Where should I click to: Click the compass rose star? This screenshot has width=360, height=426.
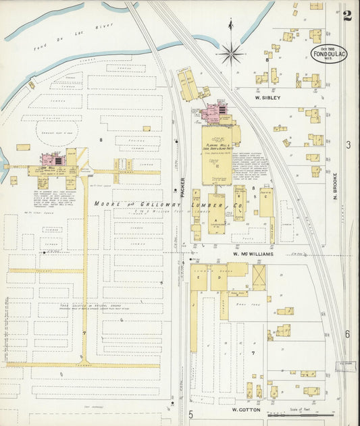[232, 51]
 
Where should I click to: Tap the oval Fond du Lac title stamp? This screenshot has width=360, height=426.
[329, 53]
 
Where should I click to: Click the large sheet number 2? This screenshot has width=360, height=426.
[346, 15]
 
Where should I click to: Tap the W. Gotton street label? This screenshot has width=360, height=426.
[246, 409]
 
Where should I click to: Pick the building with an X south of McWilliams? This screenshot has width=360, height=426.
[259, 277]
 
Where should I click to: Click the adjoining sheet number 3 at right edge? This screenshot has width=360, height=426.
[348, 145]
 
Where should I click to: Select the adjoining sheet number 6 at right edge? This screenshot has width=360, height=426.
[348, 334]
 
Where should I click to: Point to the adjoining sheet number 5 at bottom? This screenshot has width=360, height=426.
[191, 414]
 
